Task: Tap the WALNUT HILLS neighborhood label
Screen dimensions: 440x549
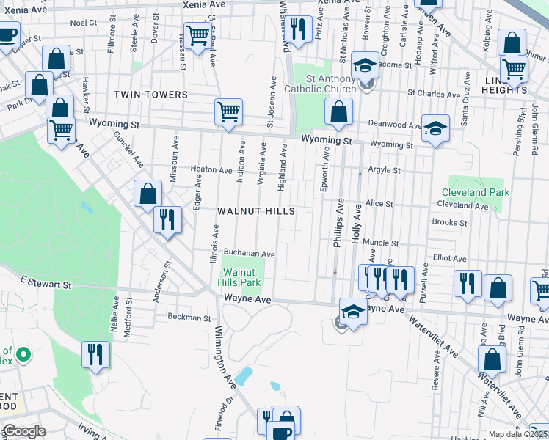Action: coord(256,211)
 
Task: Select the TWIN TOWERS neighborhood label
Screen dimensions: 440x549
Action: coord(150,95)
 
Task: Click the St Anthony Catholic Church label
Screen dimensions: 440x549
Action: coord(331,84)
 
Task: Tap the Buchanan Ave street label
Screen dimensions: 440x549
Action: coord(250,254)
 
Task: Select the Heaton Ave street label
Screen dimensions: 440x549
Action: coord(211,169)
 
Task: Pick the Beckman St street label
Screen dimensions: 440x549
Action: coord(189,318)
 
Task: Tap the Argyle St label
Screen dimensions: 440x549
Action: coord(385,170)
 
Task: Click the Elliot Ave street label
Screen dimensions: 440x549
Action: coord(450,258)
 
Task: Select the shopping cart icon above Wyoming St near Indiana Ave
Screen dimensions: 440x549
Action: coord(228,112)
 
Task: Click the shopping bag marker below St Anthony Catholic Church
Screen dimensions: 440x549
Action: coord(338,112)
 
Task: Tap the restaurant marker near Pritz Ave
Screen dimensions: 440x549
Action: coord(297,29)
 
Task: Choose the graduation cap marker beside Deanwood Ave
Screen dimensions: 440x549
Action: coord(436,129)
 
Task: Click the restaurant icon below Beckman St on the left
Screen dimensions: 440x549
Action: coord(95,354)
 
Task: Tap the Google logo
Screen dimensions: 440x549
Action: coord(23,431)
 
